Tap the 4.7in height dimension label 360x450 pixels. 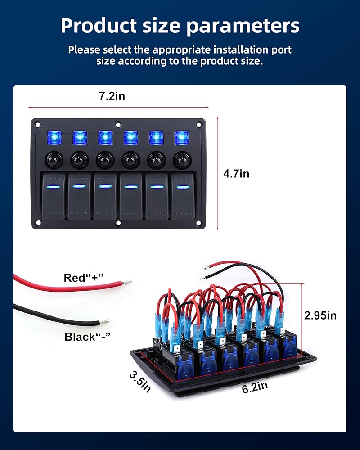(236, 174)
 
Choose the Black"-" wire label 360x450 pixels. (87, 337)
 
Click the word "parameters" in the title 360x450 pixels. (243, 26)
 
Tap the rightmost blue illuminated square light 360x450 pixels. (182, 139)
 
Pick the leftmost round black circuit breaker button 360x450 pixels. (54, 159)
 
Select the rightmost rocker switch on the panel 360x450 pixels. (182, 196)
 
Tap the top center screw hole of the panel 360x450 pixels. (118, 125)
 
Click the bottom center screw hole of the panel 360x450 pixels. (118, 223)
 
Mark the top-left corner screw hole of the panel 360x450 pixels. (38, 125)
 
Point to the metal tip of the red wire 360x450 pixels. (128, 282)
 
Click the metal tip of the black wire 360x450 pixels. (107, 321)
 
